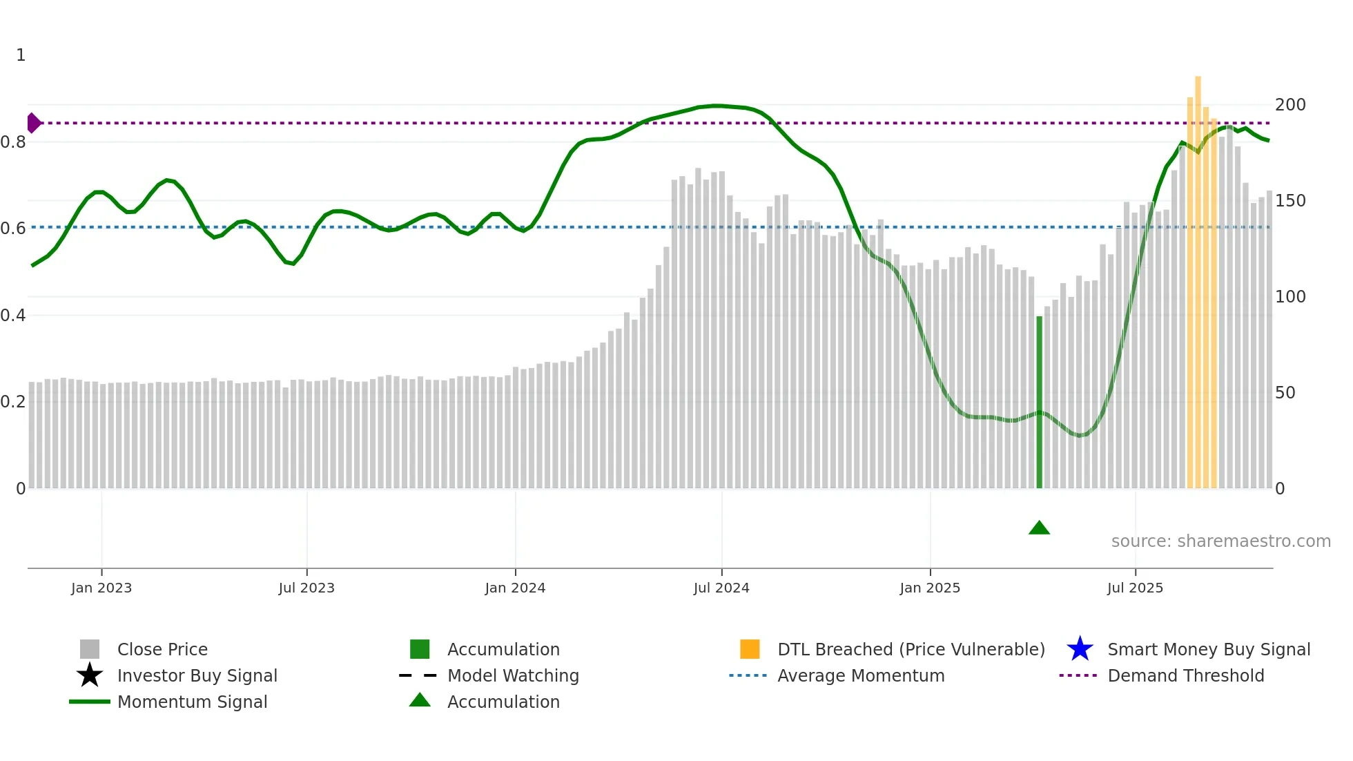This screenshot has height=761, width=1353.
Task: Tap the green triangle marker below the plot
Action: pyautogui.click(x=1039, y=528)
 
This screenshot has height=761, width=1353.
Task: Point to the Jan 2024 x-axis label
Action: pyautogui.click(x=515, y=588)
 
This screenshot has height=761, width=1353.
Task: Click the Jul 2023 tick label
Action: pyautogui.click(x=306, y=588)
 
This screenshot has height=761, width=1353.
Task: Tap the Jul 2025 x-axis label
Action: pyautogui.click(x=1135, y=588)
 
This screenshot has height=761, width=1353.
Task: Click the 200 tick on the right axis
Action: pyautogui.click(x=1290, y=105)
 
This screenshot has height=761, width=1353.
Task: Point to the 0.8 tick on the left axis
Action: pyautogui.click(x=13, y=142)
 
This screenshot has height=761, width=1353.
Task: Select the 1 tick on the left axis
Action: pyautogui.click(x=21, y=55)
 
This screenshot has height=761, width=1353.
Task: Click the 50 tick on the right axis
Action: pyautogui.click(x=1285, y=393)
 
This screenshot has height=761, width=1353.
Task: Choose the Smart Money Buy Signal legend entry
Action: pyautogui.click(x=1209, y=649)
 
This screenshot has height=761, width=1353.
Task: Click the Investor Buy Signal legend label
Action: pyautogui.click(x=197, y=675)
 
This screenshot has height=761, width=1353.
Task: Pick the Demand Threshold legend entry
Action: pyautogui.click(x=1185, y=675)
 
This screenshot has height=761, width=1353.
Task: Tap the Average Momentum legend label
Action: pyautogui.click(x=861, y=675)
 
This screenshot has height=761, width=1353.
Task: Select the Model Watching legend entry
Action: pyautogui.click(x=513, y=675)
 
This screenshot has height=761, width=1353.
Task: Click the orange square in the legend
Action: pyautogui.click(x=750, y=649)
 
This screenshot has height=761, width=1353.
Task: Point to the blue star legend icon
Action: pyautogui.click(x=1080, y=649)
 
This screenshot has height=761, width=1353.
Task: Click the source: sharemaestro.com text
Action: pyautogui.click(x=1220, y=541)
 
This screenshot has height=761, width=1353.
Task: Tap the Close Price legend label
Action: pyautogui.click(x=162, y=649)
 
